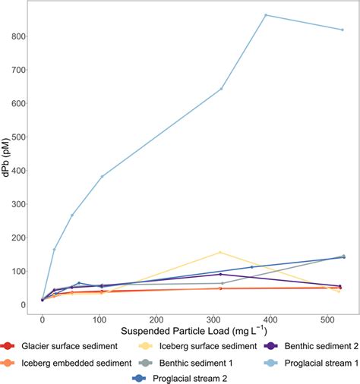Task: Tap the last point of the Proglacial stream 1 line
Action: (343, 30)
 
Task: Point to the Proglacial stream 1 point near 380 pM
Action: (102, 176)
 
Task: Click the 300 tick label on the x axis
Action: (214, 320)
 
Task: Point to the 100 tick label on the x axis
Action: (99, 320)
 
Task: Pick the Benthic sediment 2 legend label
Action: (311, 347)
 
